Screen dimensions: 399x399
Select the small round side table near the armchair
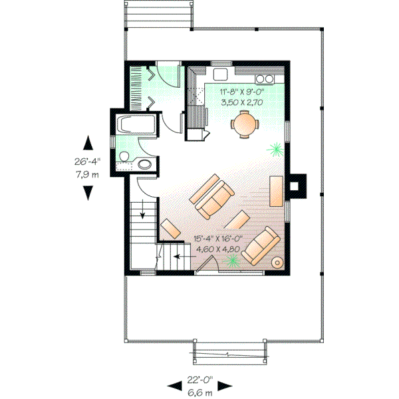[278, 263]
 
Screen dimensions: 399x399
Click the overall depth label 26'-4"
[86, 160]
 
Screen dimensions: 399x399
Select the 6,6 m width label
[199, 392]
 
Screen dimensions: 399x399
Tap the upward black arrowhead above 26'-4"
[87, 142]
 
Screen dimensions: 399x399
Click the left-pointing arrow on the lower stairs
[176, 253]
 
